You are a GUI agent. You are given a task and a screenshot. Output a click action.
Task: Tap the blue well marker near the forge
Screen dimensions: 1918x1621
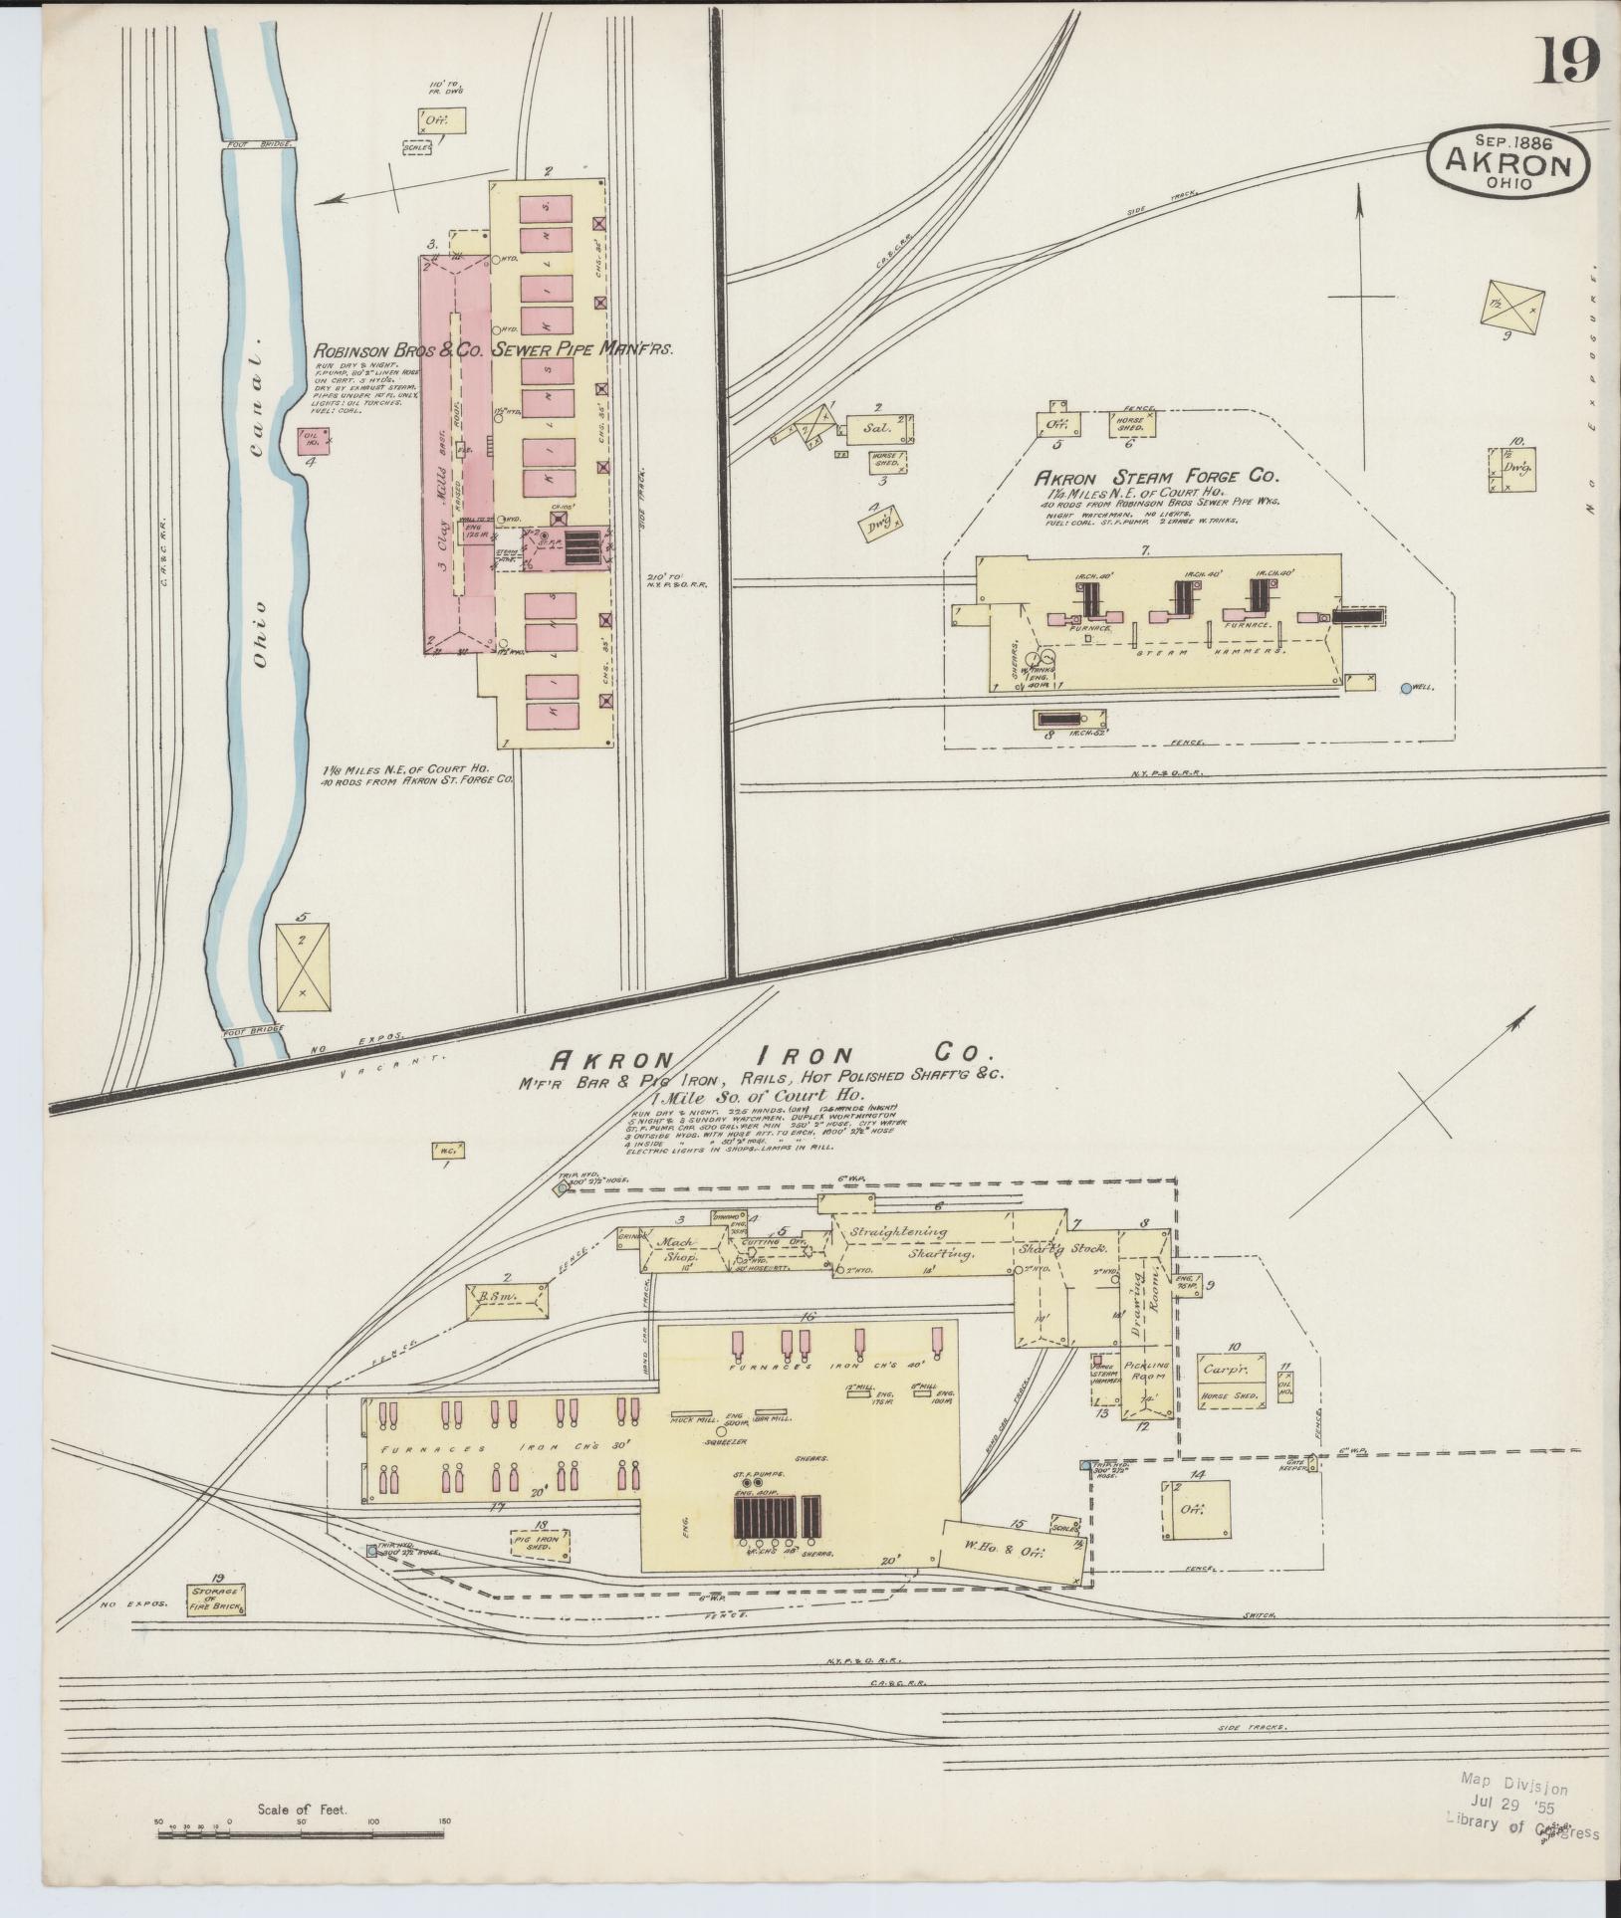(1406, 688)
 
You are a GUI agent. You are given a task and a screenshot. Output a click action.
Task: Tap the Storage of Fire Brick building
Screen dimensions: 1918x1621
(216, 1598)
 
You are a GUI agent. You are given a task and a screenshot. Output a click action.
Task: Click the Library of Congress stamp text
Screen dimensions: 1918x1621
(1521, 1808)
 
